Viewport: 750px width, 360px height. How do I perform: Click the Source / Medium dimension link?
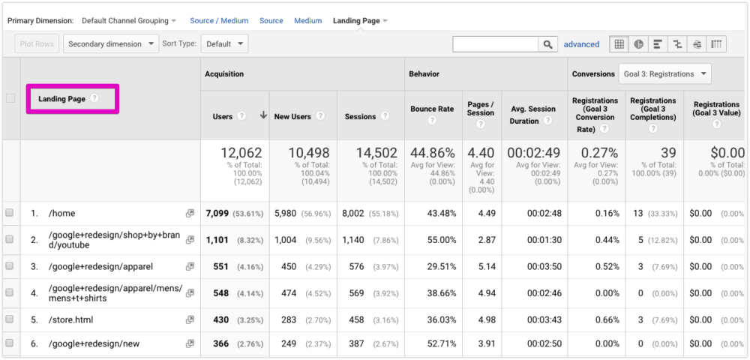pyautogui.click(x=220, y=21)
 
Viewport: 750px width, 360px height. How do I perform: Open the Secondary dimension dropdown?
pyautogui.click(x=111, y=44)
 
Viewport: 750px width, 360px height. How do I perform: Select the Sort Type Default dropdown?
pyautogui.click(x=225, y=44)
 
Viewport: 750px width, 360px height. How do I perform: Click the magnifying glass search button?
pyautogui.click(x=548, y=45)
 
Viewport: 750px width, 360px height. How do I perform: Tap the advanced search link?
pyautogui.click(x=581, y=45)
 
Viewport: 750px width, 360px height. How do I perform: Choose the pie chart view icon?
pyautogui.click(x=639, y=44)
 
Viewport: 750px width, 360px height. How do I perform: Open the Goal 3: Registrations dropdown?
pyautogui.click(x=664, y=74)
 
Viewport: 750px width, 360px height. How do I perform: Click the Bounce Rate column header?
pyautogui.click(x=432, y=109)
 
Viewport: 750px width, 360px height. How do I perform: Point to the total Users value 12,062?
pyautogui.click(x=233, y=154)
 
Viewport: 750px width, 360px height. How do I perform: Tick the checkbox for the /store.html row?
pyautogui.click(x=10, y=319)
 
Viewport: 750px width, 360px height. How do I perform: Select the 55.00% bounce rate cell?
pyautogui.click(x=441, y=240)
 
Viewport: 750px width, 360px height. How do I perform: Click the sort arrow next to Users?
pyautogui.click(x=263, y=116)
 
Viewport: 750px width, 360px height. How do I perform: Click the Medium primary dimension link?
pyautogui.click(x=307, y=21)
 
